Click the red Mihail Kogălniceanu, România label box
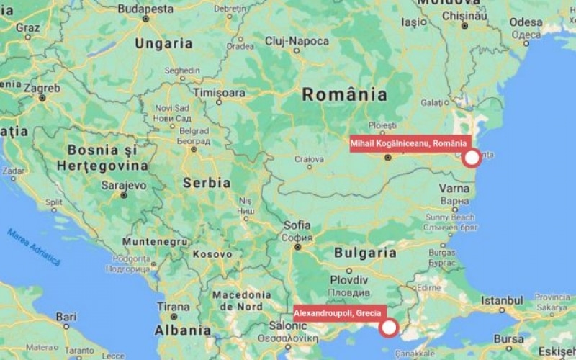point(408,144)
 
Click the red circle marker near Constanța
point(472,158)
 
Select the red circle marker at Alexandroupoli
point(389,328)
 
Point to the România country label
point(344,94)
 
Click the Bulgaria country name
point(365,253)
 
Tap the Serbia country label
point(207,183)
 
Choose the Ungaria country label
point(163,43)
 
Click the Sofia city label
point(297,225)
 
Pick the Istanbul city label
point(502,300)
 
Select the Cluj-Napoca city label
point(297,42)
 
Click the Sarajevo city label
point(124,184)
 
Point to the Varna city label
point(454,189)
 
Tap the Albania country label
point(183,330)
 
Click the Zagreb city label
point(42,89)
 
